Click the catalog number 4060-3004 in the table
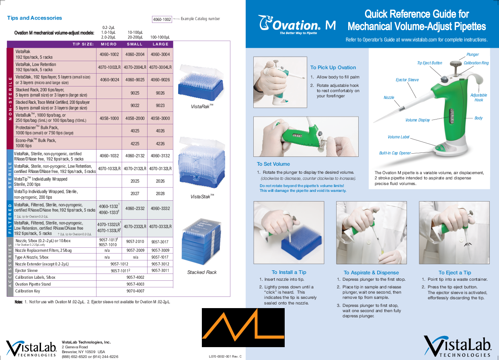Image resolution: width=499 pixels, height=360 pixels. pos(160,54)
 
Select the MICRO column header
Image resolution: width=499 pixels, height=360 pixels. pos(109,44)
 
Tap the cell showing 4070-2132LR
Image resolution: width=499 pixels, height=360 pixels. pos(135,169)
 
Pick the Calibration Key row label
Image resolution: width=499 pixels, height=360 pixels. pos(28,291)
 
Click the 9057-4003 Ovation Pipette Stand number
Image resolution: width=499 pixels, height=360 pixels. pos(135,284)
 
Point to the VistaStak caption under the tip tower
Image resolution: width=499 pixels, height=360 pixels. pos(202,197)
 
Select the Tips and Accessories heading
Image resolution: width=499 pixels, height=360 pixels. pos(35,18)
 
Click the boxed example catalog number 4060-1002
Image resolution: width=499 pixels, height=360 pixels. pos(162,19)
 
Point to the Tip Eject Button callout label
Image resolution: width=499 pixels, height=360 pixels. pos(429,63)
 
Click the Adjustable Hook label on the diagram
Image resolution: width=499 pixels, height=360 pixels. pos(478,97)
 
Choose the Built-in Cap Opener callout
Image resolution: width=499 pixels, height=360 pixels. pos(395,153)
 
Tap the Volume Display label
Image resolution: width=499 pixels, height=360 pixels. pos(417,120)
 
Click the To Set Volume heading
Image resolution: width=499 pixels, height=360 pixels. pos(273,164)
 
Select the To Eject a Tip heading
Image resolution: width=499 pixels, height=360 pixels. pos(455,272)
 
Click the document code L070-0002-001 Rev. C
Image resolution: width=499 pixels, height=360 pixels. pos(225,356)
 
